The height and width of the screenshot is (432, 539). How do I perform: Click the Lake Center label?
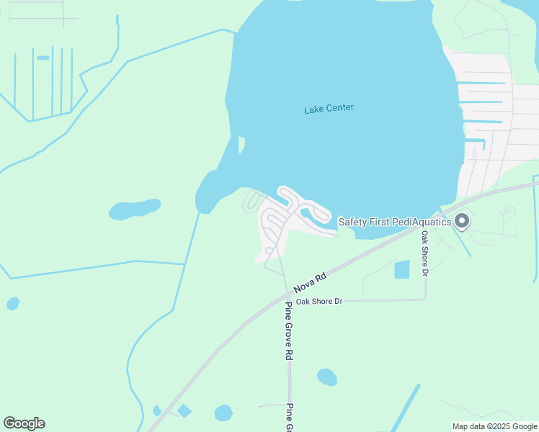tap(329, 109)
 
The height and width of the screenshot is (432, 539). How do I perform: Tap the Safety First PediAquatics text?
tap(394, 222)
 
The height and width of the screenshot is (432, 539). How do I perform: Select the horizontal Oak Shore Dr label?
tap(318, 301)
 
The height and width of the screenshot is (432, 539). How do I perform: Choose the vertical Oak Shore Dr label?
tap(425, 253)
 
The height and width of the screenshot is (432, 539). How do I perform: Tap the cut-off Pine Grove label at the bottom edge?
tap(288, 418)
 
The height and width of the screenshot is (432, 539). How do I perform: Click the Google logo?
tap(24, 423)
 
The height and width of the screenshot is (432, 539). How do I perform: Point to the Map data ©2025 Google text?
tap(495, 426)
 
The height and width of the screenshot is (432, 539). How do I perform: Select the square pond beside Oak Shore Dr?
tap(402, 270)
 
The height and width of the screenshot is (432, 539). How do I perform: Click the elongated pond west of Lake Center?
tap(135, 209)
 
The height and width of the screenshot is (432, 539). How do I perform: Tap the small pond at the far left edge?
tap(13, 304)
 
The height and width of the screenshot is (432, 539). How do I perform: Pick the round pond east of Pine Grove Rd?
tap(327, 377)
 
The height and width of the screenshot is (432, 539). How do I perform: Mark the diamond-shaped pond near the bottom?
tap(184, 411)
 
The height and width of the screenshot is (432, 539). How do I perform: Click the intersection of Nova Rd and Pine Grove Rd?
tap(287, 294)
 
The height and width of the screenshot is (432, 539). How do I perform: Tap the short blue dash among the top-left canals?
tap(43, 58)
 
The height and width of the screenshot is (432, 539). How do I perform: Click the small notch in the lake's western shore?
tap(241, 145)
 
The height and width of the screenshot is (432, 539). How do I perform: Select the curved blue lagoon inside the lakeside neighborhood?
tap(314, 215)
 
